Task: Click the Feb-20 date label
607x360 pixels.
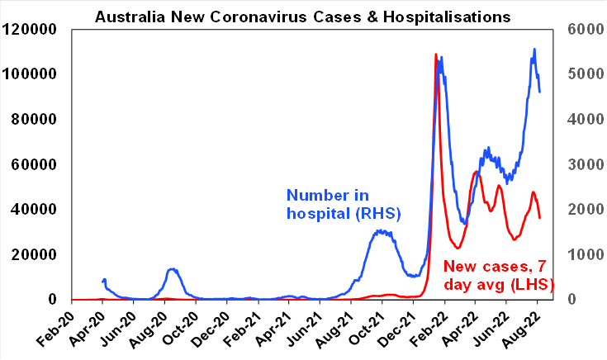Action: click(x=58, y=327)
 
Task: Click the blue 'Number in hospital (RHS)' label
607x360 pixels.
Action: click(x=343, y=204)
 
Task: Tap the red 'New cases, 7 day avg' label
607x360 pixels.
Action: click(x=499, y=275)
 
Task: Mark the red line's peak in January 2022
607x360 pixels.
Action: click(x=436, y=54)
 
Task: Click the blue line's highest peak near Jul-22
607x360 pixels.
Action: click(x=534, y=50)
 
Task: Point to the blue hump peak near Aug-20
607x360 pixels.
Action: click(x=171, y=269)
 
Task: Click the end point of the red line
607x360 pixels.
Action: click(x=540, y=218)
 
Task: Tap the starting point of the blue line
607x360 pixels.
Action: click(x=102, y=282)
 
